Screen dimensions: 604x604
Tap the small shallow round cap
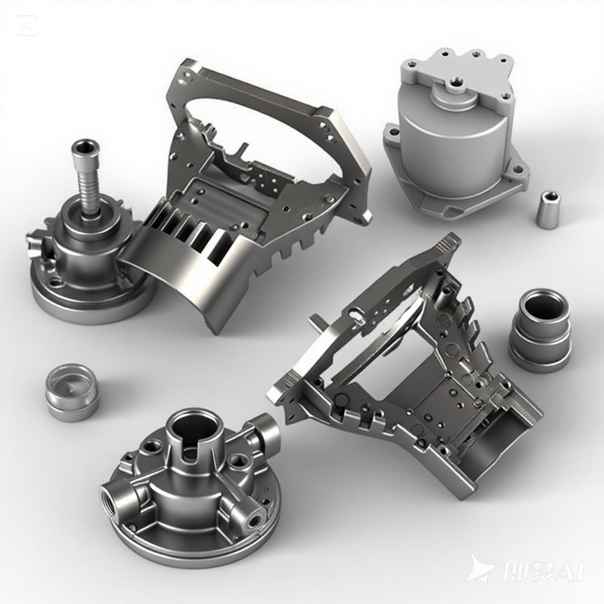[x=71, y=392]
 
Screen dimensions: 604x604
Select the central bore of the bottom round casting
[x=191, y=427]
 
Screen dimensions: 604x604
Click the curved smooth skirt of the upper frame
[x=177, y=277]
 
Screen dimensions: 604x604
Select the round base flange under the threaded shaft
[x=88, y=295]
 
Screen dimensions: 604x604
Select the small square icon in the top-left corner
[x=25, y=25]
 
